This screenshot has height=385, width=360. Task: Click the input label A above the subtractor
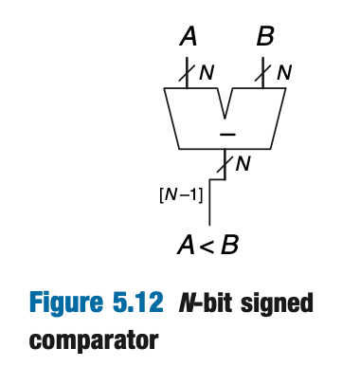click(x=188, y=38)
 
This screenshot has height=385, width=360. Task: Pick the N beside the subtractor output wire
click(x=243, y=164)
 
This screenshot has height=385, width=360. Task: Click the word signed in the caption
click(x=279, y=306)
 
